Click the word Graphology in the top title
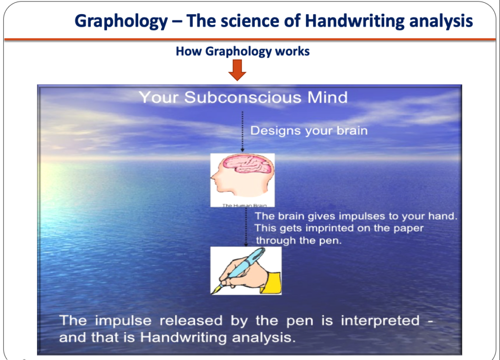click(121, 21)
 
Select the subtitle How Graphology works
click(243, 51)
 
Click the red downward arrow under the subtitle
click(237, 70)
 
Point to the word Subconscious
click(243, 97)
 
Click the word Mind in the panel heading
click(328, 97)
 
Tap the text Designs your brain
click(309, 131)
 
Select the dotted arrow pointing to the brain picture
click(242, 132)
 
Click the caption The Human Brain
click(244, 205)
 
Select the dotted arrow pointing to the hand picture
click(246, 227)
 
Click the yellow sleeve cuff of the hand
click(273, 282)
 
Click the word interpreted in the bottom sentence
click(380, 321)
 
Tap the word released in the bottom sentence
click(191, 320)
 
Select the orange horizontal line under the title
click(250, 40)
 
